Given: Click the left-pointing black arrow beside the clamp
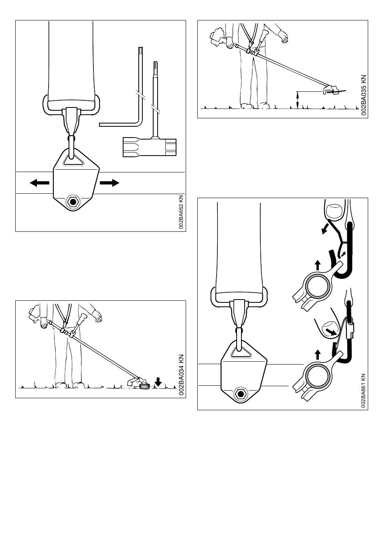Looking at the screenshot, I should point(39,183).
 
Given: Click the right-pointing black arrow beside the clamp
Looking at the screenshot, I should point(109,183).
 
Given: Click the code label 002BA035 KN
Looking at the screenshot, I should point(363,95).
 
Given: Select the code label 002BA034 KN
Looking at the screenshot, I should point(181,375).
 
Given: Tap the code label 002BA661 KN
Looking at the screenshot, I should point(363,391).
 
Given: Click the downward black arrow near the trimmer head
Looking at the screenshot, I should point(158,381).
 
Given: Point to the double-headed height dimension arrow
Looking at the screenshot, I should point(297,99).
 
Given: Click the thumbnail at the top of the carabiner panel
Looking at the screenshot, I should point(334,211).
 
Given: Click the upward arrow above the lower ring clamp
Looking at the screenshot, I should point(318,354).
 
